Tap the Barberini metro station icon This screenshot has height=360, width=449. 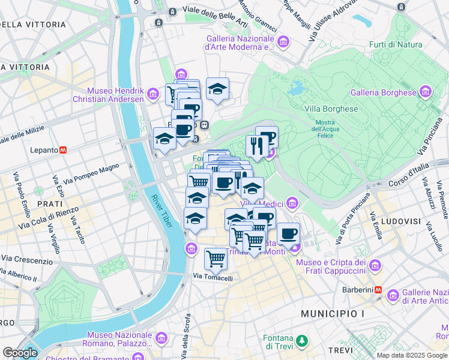[x=378, y=289]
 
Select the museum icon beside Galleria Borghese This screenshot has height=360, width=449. [x=426, y=92]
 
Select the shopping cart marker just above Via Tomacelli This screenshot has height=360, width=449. [x=215, y=259]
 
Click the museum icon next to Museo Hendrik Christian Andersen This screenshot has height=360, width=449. [x=153, y=94]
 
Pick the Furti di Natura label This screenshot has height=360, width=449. [x=396, y=44]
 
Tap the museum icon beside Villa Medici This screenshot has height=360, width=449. [x=292, y=203]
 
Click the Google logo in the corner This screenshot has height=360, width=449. [x=20, y=353]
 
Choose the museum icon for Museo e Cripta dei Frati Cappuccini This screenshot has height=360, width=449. [x=375, y=265]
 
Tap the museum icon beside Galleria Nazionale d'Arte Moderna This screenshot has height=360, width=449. [x=283, y=41]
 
